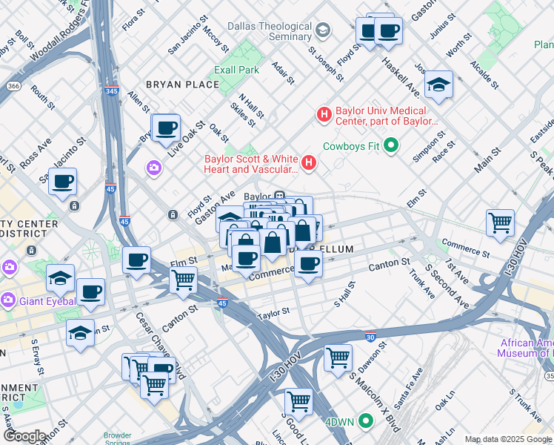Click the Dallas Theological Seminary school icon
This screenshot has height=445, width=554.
coord(322,30)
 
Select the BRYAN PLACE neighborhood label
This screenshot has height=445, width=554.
coord(182,85)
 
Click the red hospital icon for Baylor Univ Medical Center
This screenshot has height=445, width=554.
coord(324,115)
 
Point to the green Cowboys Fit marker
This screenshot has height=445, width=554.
coord(392,145)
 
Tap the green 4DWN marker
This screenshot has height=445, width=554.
coord(365,421)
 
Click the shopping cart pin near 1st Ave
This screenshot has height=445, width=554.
coord(501,222)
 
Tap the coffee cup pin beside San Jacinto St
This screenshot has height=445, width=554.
coord(63,181)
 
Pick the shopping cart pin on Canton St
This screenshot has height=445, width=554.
coord(183,280)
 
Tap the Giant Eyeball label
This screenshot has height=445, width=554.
coord(47,301)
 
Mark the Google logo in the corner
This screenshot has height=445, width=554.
coord(24,437)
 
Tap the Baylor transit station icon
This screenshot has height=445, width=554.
coord(280,197)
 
